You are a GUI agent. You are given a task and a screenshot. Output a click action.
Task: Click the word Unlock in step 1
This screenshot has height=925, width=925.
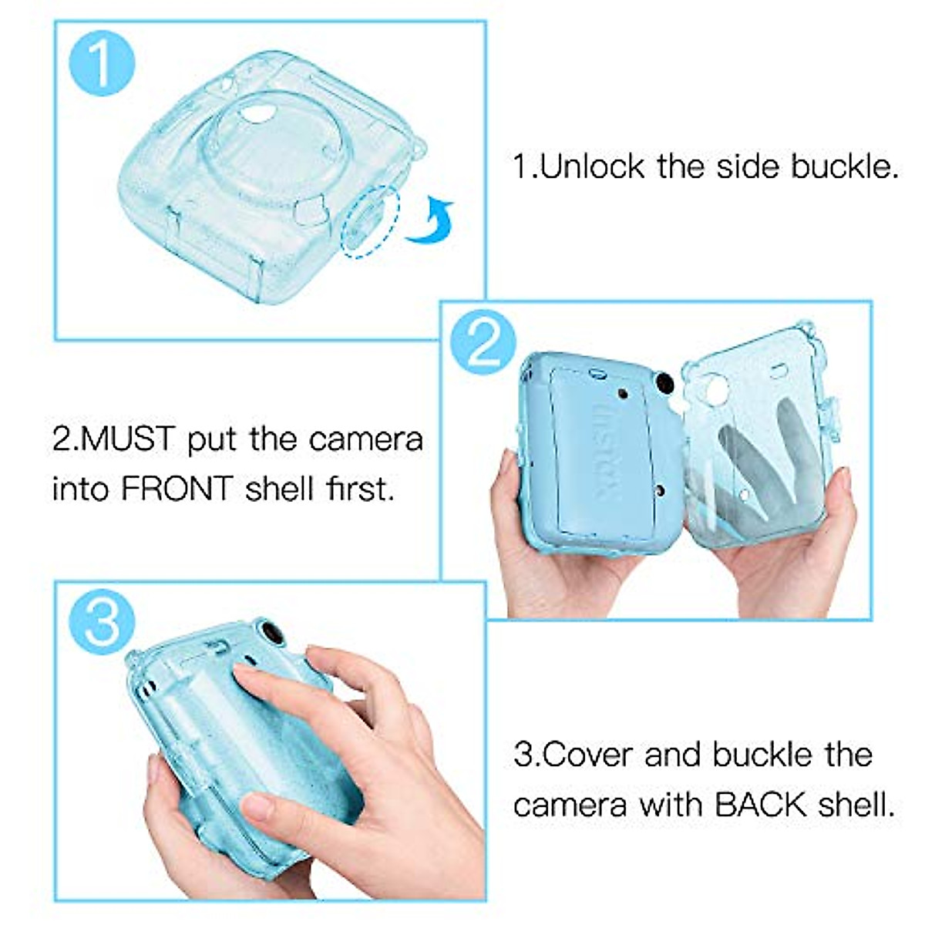point(591,167)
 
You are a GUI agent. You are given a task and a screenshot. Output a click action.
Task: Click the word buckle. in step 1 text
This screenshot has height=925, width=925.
point(844,167)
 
